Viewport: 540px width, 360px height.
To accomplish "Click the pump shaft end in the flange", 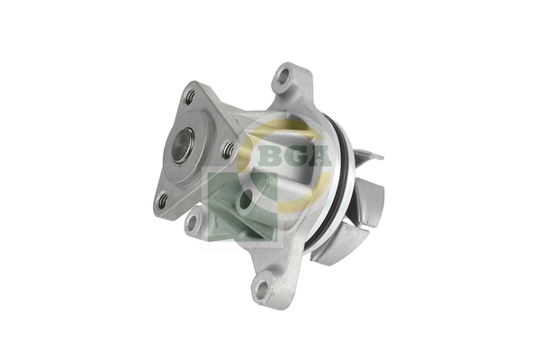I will coord(183,146).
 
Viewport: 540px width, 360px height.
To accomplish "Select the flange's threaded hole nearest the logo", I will coord(229,149).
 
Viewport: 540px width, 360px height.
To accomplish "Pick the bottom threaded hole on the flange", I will coord(163,202).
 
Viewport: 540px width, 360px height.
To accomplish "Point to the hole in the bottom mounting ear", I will coord(262,290).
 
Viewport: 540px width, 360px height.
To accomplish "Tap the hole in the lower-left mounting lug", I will coord(192,222).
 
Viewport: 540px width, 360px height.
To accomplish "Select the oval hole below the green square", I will coord(244,201).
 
